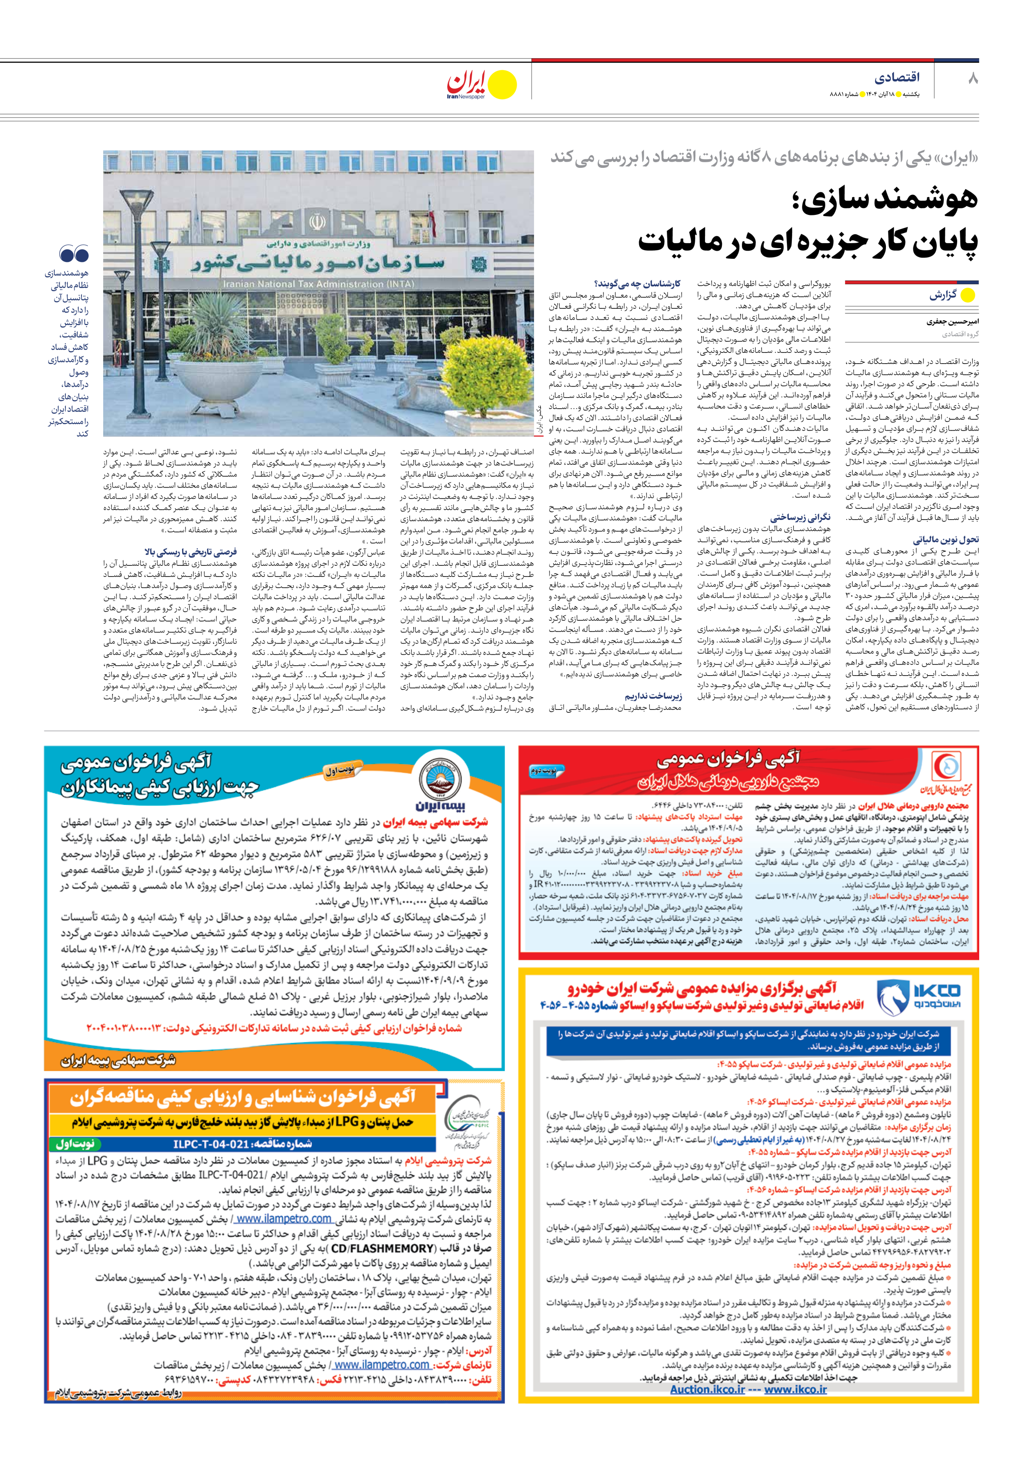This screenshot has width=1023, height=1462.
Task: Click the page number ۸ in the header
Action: click(x=972, y=78)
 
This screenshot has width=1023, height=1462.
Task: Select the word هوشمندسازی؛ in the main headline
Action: click(x=885, y=200)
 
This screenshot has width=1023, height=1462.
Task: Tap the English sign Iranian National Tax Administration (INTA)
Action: click(x=318, y=284)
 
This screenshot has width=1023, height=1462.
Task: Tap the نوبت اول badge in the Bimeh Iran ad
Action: click(x=339, y=771)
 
